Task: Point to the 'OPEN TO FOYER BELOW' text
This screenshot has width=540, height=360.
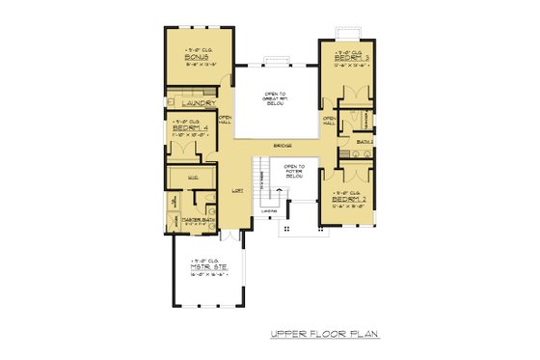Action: [x=294, y=171]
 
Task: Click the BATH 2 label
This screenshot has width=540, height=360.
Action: [x=364, y=142]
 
